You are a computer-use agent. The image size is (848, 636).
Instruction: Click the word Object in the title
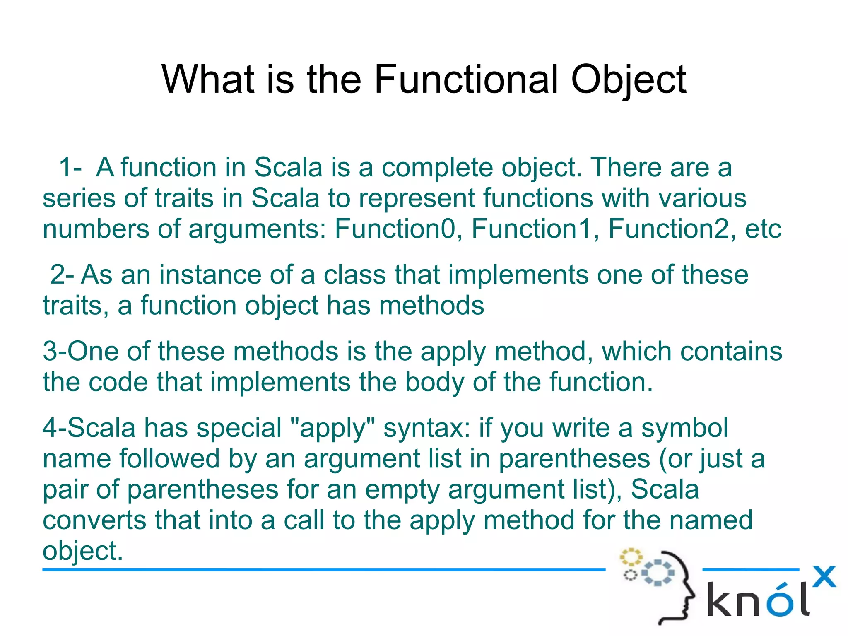628,79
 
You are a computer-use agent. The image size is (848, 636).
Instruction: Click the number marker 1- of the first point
70,168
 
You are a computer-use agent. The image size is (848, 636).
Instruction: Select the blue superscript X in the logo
824,577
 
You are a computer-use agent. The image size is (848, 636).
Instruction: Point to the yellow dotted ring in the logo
631,557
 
